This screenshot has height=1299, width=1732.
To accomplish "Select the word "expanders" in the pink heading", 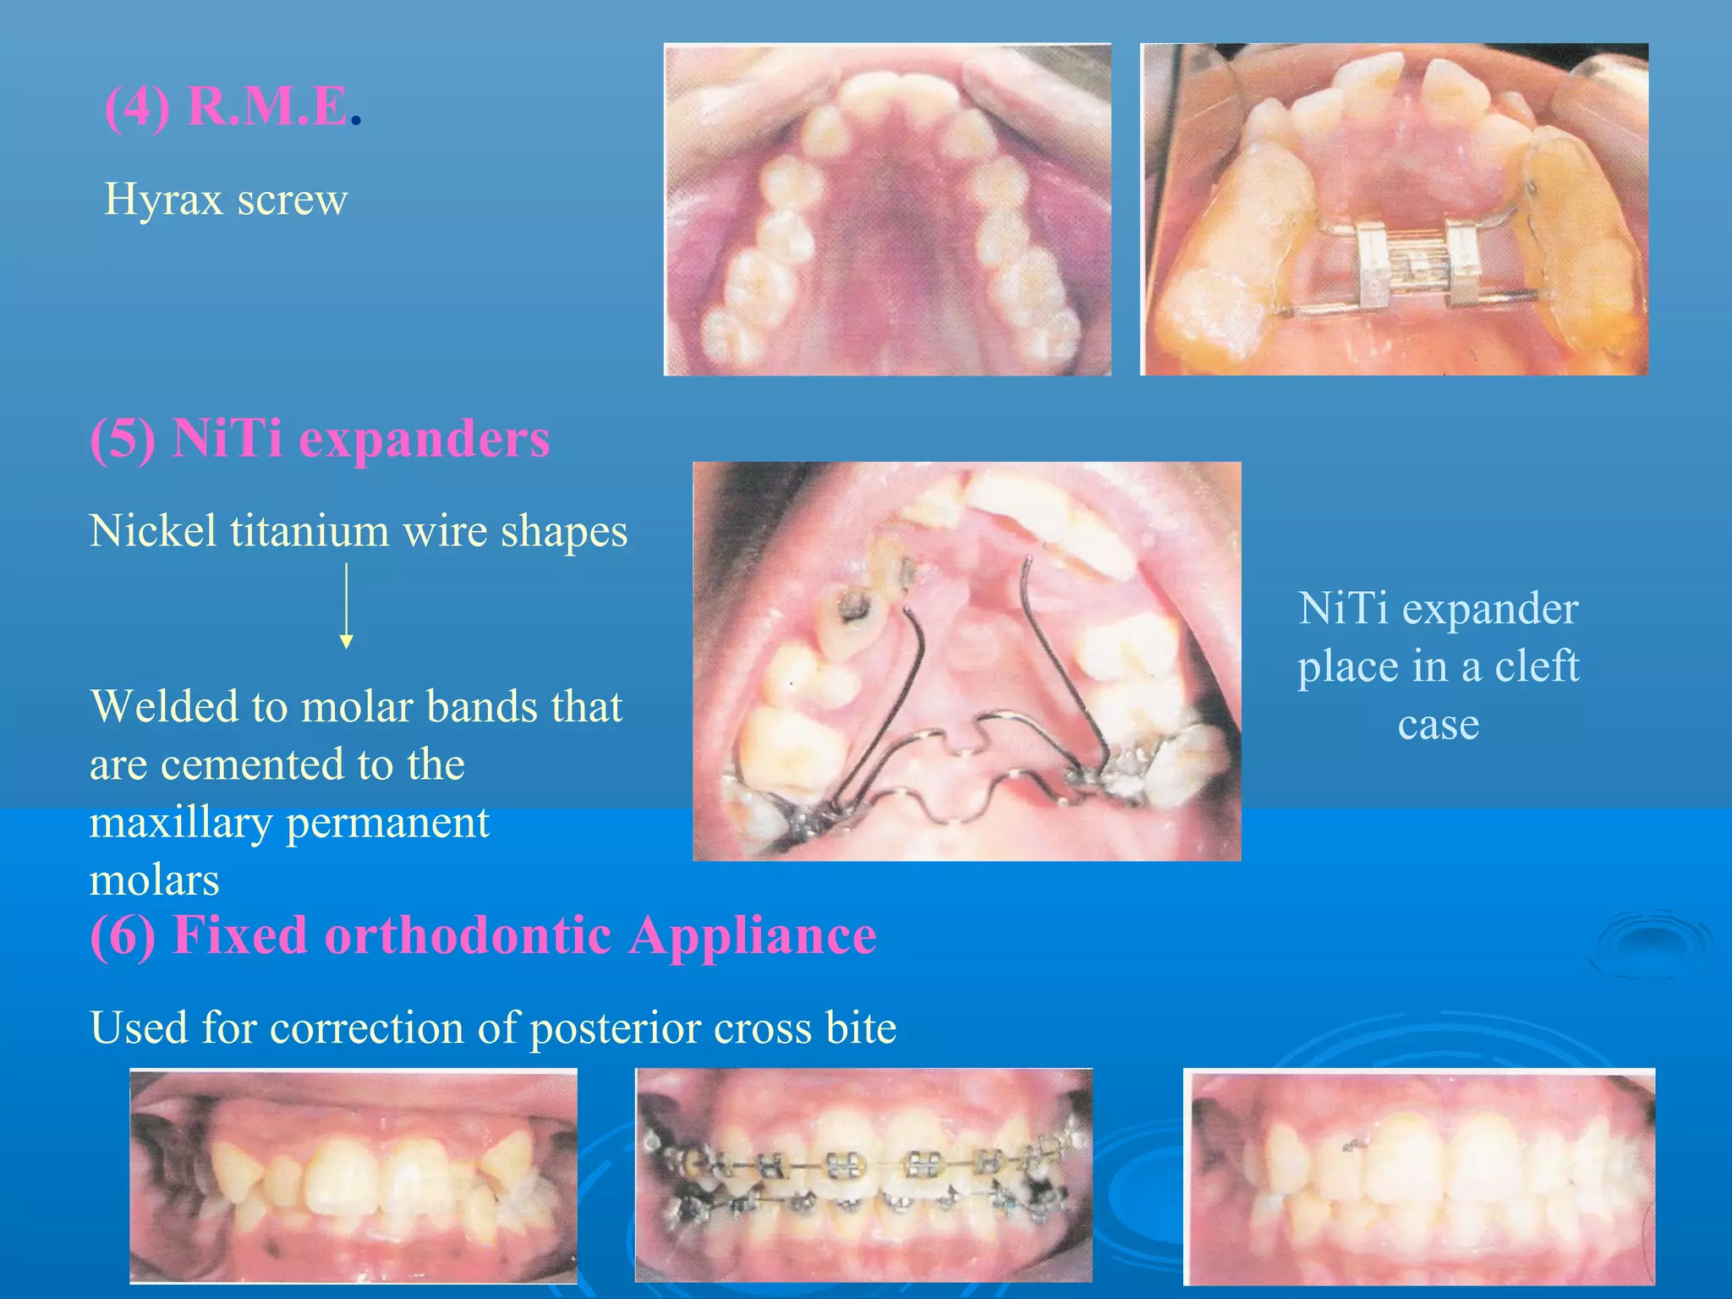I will pyautogui.click(x=425, y=440).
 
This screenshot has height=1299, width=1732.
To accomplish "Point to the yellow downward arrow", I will pyautogui.click(x=346, y=606).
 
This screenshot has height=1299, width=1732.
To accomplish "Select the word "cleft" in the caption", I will pyautogui.click(x=1537, y=666).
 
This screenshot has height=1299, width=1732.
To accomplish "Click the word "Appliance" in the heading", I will pyautogui.click(x=753, y=936).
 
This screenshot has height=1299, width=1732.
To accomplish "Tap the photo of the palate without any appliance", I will pyautogui.click(x=887, y=210).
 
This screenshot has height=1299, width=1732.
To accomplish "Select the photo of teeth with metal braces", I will pyautogui.click(x=863, y=1176).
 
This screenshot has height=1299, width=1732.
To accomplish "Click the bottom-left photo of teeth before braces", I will pyautogui.click(x=354, y=1176).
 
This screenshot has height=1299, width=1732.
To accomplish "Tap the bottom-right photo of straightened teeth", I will pyautogui.click(x=1419, y=1176).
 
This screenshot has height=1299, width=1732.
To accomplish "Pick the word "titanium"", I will pyautogui.click(x=310, y=532).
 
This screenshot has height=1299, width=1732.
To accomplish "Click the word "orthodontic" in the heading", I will pyautogui.click(x=468, y=936).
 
